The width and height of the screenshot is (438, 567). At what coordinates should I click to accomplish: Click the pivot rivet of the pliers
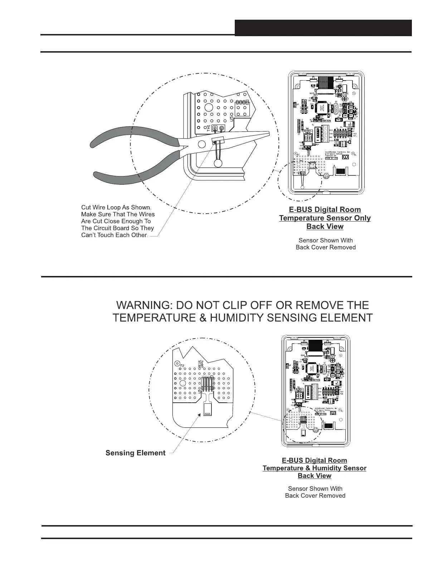point(201,144)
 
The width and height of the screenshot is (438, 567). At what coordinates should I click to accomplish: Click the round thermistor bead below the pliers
point(217,163)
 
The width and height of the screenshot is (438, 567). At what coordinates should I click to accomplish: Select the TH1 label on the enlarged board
point(209,128)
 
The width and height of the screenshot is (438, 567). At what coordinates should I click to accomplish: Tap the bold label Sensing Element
point(135,453)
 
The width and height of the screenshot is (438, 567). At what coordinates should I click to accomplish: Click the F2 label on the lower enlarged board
point(182,365)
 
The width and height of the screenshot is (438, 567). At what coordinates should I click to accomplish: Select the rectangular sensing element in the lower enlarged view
point(207,409)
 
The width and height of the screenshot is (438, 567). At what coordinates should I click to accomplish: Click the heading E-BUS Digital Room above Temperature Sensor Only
point(325,210)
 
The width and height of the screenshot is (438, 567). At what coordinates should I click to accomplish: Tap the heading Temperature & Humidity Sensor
point(314,468)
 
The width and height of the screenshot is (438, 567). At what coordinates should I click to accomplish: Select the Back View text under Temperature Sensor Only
point(325,227)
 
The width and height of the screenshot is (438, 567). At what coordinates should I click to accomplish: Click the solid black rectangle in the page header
point(323,28)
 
